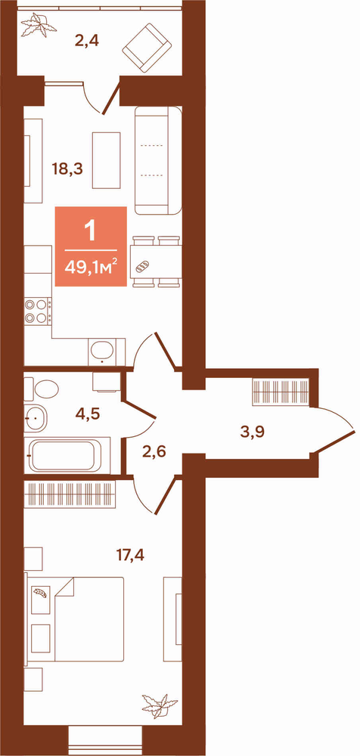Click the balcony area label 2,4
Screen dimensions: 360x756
(87, 42)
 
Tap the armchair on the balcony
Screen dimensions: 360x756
(147, 48)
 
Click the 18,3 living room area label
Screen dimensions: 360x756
(67, 169)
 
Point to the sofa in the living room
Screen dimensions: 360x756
(158, 160)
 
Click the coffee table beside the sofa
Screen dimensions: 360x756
(106, 160)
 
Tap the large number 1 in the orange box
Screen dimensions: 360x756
(91, 231)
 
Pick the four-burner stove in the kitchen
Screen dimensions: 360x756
(38, 311)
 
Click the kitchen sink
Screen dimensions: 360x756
(101, 352)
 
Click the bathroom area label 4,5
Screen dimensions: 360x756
(87, 414)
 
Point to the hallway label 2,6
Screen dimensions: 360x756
(155, 453)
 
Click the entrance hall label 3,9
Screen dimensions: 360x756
(253, 432)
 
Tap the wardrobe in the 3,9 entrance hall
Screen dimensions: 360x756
(281, 392)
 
